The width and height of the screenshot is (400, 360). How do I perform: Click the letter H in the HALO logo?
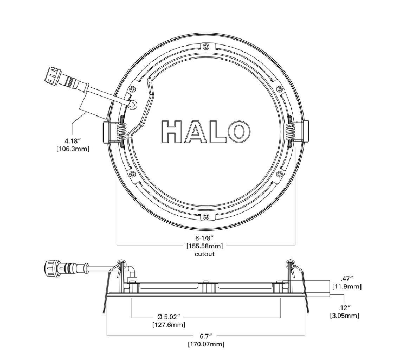[172, 132]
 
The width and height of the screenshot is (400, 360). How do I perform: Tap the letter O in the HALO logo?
[238, 132]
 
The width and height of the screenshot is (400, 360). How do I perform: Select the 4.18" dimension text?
[72, 141]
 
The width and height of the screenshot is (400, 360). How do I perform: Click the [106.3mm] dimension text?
[73, 149]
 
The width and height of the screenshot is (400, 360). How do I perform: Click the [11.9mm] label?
[346, 286]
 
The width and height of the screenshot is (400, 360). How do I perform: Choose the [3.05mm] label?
[345, 315]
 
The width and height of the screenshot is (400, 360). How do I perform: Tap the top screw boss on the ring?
[205, 47]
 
